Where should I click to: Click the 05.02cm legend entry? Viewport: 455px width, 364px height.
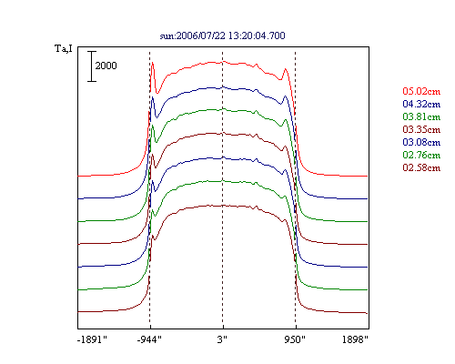pos(421,91)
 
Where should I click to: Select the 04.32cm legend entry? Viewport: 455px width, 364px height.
pos(421,104)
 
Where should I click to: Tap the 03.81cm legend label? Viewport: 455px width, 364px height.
pos(421,116)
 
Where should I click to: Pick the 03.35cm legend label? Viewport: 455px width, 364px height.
pos(421,129)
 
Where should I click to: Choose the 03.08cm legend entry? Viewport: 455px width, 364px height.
pos(421,142)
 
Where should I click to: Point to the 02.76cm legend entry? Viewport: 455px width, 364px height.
pos(421,155)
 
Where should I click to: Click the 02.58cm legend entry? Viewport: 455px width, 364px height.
pos(421,167)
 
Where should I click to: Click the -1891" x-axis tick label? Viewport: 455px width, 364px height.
pos(93,339)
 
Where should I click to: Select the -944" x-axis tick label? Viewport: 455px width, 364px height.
pos(149,339)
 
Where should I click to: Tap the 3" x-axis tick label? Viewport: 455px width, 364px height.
pos(222,339)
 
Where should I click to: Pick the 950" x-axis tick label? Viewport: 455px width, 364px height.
pos(295,339)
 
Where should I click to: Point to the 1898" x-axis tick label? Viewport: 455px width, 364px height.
pos(355,339)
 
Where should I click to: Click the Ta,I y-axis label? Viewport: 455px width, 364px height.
pos(64,48)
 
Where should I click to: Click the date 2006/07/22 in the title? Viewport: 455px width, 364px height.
pos(201,35)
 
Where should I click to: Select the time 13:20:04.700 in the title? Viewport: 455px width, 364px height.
pos(257,35)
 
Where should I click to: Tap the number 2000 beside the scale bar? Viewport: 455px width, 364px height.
pos(106,66)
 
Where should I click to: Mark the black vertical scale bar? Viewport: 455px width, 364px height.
pos(92,66)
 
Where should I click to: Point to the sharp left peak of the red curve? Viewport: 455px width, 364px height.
pos(152,63)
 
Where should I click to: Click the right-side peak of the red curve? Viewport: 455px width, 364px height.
pos(285,69)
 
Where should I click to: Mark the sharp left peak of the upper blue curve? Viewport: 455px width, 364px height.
pos(152,96)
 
